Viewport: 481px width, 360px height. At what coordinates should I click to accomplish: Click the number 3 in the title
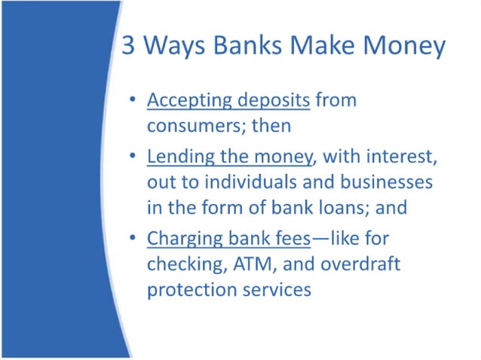coord(130,47)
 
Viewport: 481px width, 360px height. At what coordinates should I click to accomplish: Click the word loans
coord(343,207)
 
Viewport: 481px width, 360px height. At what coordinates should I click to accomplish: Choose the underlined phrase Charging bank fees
coord(228,239)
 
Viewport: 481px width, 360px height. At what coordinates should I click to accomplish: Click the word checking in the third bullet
coord(182,265)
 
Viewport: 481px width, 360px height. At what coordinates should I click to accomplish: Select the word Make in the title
coord(317,47)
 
